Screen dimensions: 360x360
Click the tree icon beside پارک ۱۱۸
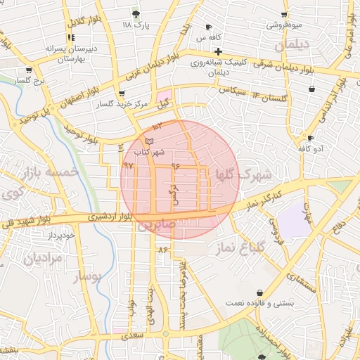[x=136, y=13]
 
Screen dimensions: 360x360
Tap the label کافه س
[x=210, y=37]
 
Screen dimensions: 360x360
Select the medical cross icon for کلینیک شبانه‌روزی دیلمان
[x=219, y=51]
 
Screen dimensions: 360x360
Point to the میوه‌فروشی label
[x=284, y=25]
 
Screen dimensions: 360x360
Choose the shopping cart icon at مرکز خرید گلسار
[x=122, y=94]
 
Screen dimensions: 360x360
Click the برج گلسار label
[x=29, y=82]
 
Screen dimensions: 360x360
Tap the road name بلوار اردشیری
[x=110, y=217]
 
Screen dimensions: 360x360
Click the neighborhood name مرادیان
[x=44, y=258]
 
